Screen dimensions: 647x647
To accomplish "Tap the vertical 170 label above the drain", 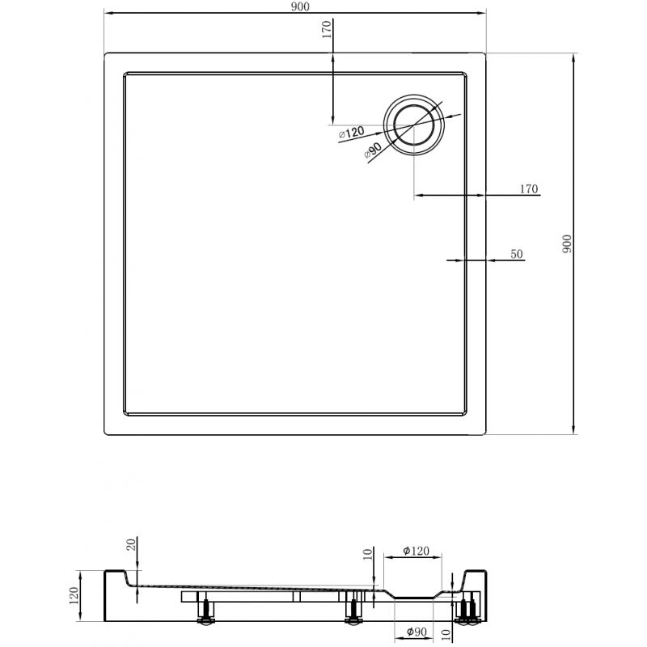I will pos(326,31).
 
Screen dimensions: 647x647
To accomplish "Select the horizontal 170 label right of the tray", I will pos(528,189).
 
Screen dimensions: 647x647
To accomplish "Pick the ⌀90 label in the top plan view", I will pos(373,150).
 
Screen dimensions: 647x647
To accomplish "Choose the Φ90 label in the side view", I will pos(412,632).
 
